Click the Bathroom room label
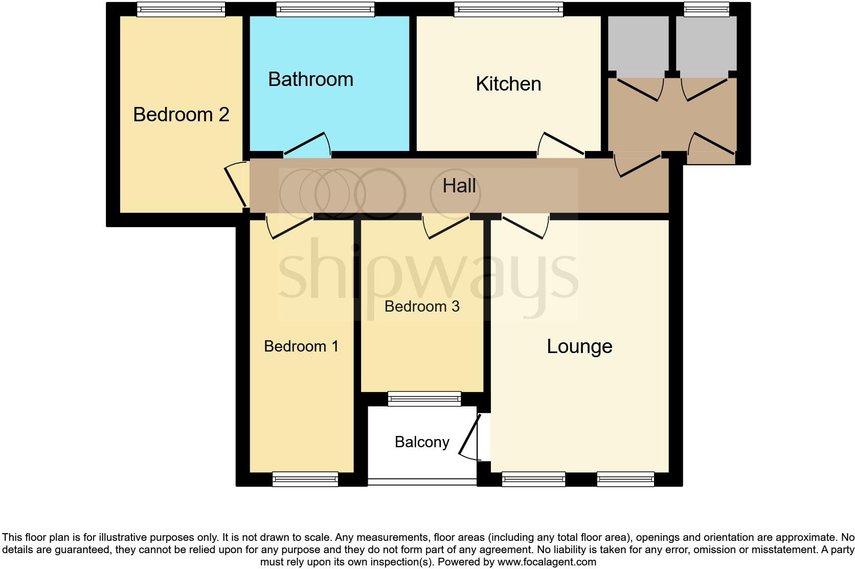pyautogui.click(x=310, y=79)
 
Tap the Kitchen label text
pyautogui.click(x=508, y=84)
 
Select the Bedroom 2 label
pyautogui.click(x=181, y=114)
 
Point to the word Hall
pyautogui.click(x=459, y=186)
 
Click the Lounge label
pyautogui.click(x=579, y=346)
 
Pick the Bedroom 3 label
pyautogui.click(x=422, y=307)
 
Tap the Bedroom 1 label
pyautogui.click(x=301, y=346)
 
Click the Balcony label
pyautogui.click(x=422, y=442)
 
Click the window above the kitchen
pyautogui.click(x=508, y=9)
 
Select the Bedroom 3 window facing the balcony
pyautogui.click(x=424, y=399)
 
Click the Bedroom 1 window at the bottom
pyautogui.click(x=305, y=479)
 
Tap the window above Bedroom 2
pyautogui.click(x=181, y=9)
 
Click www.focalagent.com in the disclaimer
pyautogui.click(x=546, y=562)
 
